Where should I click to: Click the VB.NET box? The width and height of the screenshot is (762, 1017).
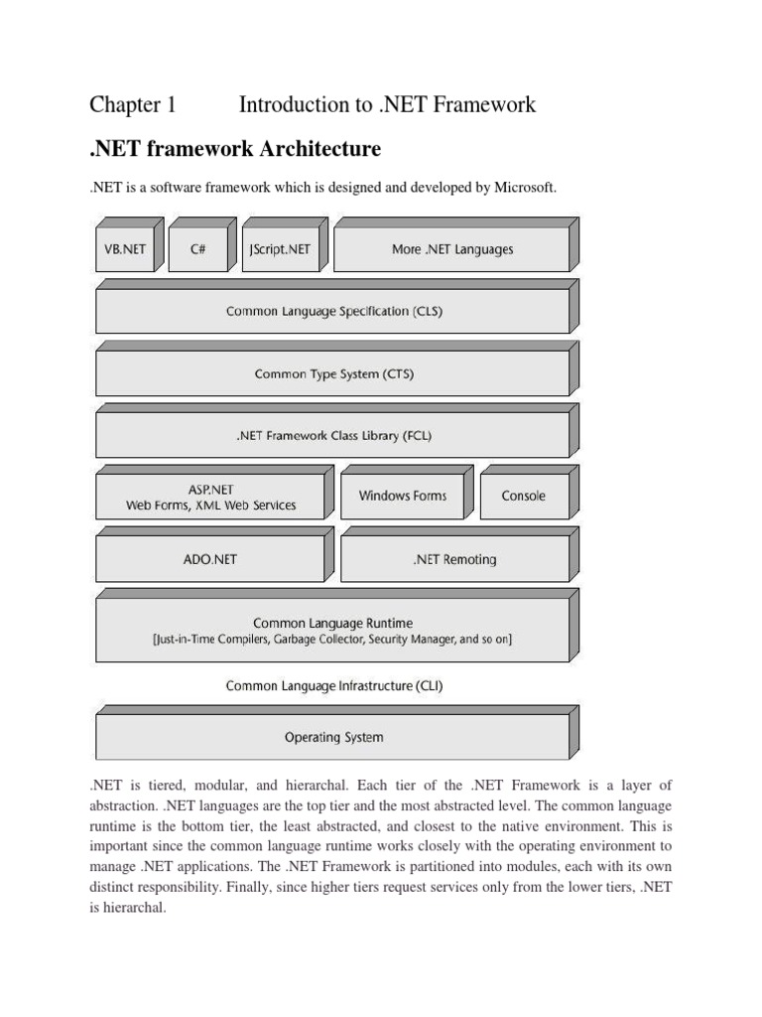tap(125, 249)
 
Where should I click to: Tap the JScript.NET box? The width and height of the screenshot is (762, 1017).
tap(281, 249)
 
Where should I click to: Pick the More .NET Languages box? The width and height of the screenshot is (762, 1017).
tap(451, 249)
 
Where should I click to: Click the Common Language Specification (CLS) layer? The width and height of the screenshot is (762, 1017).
tap(333, 311)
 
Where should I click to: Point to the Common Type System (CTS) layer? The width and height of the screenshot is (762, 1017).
tap(333, 374)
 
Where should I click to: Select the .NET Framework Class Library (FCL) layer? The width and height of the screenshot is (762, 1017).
tap(333, 435)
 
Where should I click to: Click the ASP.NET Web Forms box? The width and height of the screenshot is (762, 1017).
tap(210, 497)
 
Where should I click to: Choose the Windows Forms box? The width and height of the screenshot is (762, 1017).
tap(402, 496)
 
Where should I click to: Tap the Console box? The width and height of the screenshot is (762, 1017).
tap(523, 496)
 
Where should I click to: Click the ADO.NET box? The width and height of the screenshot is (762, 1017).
tap(210, 559)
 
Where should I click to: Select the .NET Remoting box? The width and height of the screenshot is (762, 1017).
tap(453, 559)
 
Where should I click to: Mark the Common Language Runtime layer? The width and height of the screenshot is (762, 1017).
tap(333, 631)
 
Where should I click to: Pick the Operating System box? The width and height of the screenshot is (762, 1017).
tap(333, 737)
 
